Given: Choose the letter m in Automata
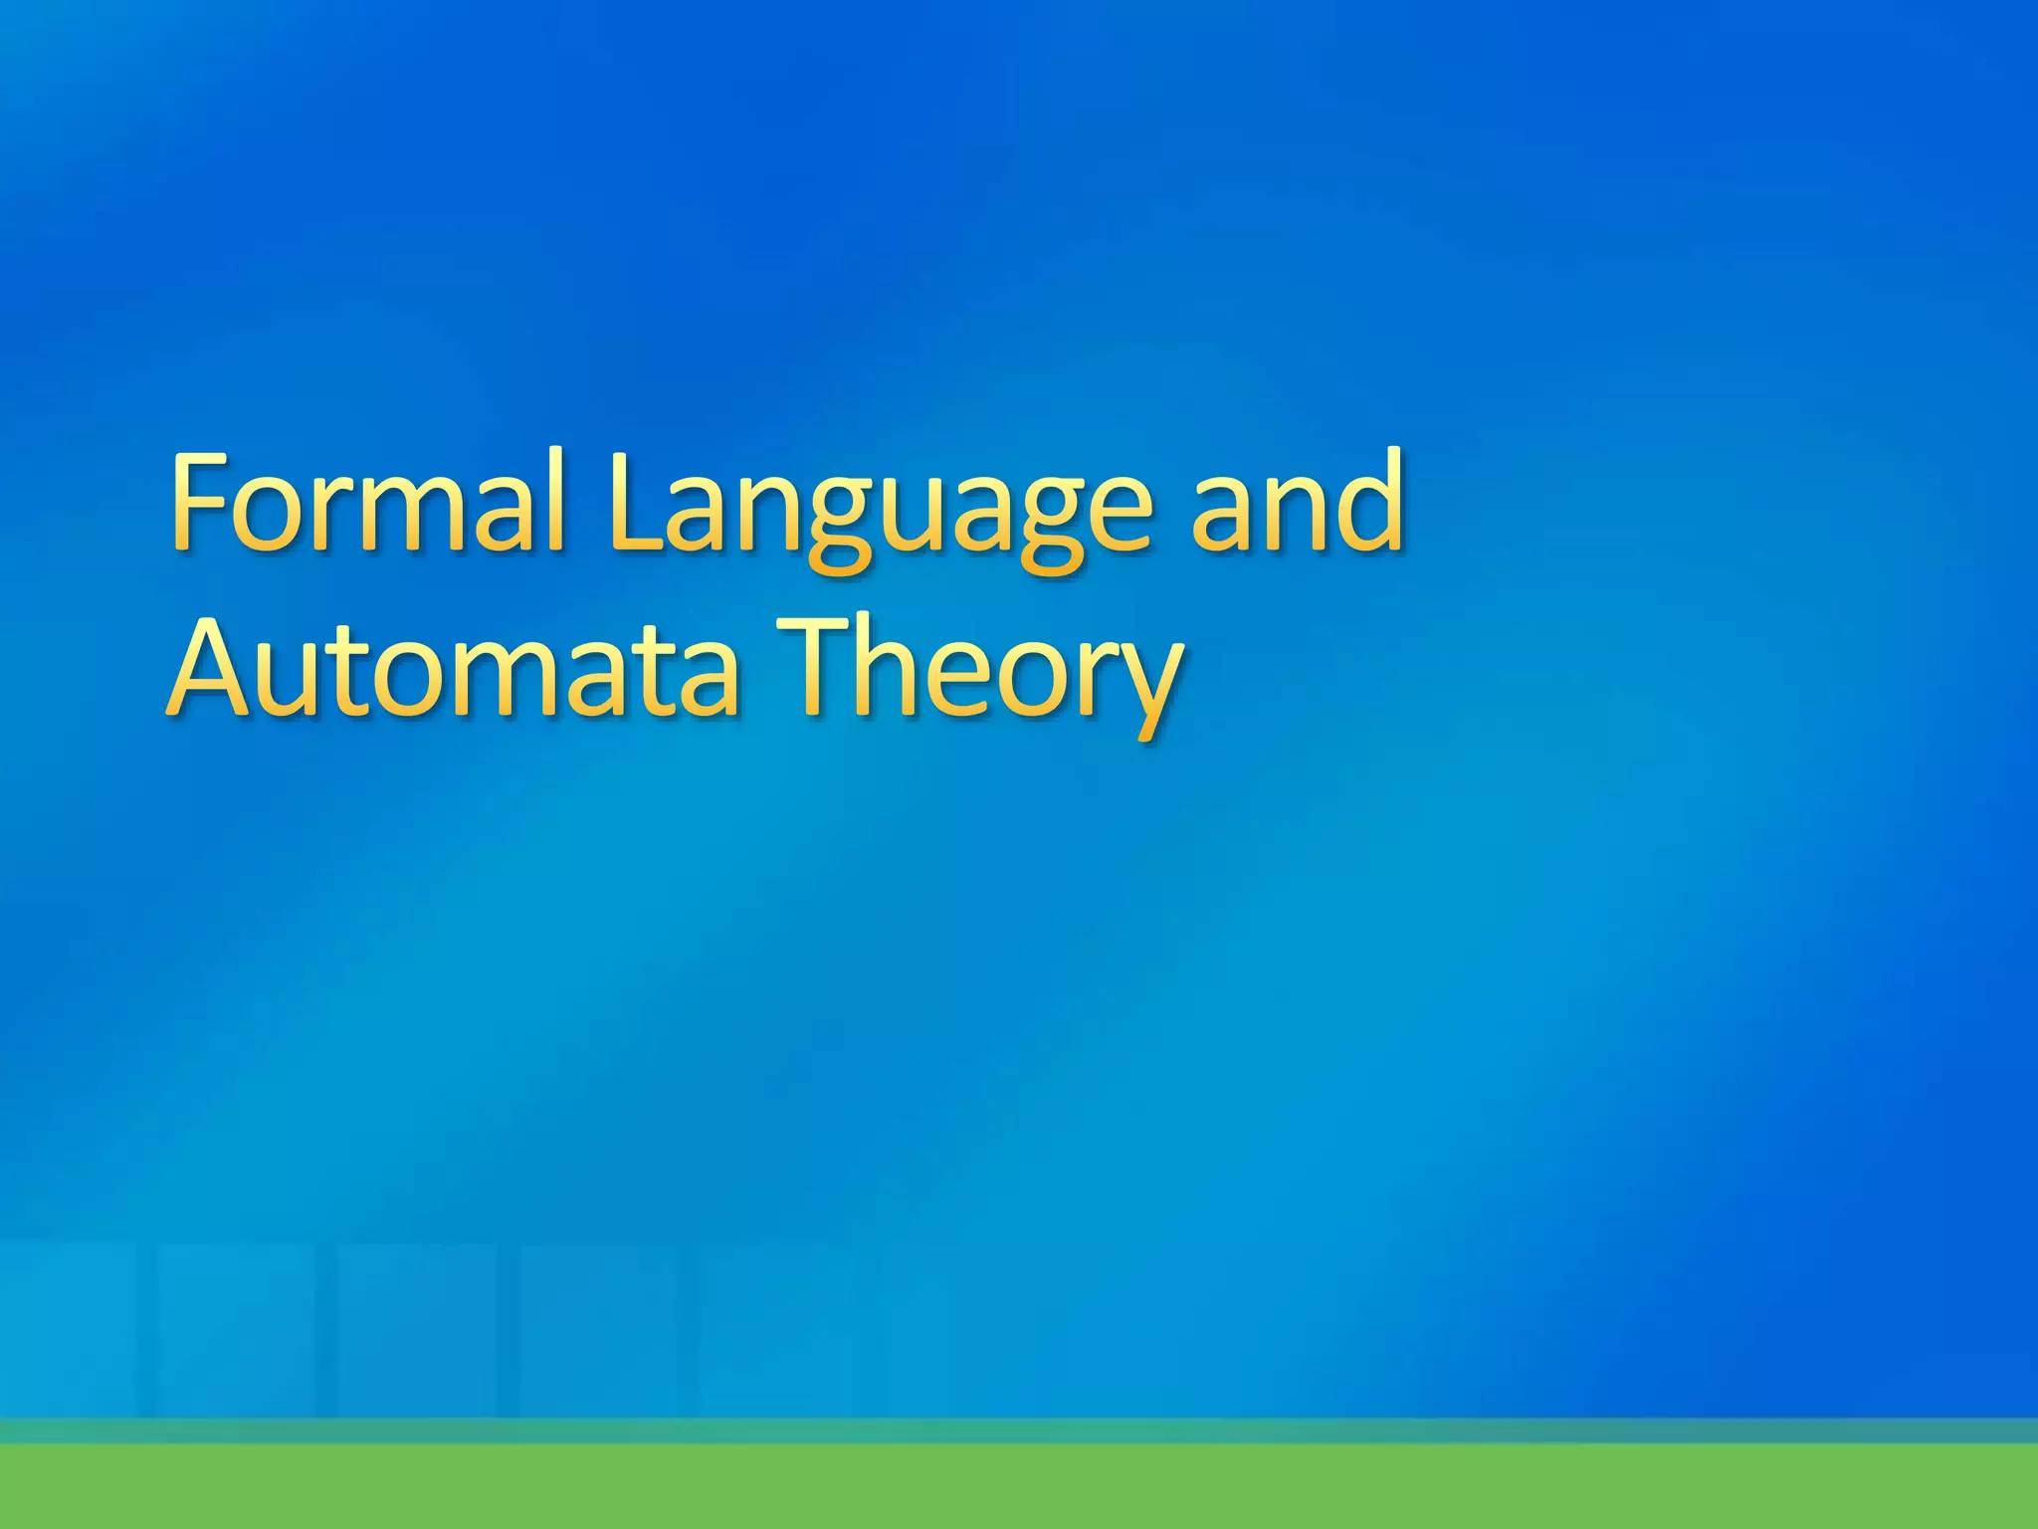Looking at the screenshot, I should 532,676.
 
